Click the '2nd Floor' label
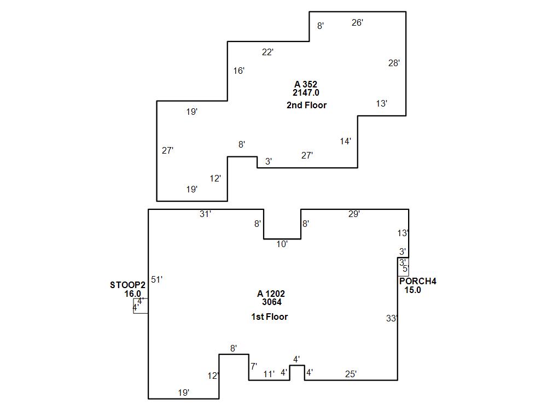coord(306,105)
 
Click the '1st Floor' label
coord(269,317)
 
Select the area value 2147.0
coord(306,93)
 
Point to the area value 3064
coord(272,302)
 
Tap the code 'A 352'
coord(306,84)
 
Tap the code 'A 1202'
coord(271,294)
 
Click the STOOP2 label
coord(127,285)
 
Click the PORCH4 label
coord(418,282)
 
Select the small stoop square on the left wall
coord(141,306)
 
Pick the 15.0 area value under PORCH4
coord(412,290)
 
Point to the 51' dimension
coord(157,279)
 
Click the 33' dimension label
coord(392,318)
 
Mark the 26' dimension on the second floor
coord(357,22)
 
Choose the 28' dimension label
coord(394,63)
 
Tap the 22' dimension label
coord(267,52)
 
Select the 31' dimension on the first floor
coord(205,214)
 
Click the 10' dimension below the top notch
coord(282,244)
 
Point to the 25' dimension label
coord(351,374)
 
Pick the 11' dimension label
coord(269,374)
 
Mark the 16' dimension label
coord(239,71)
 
